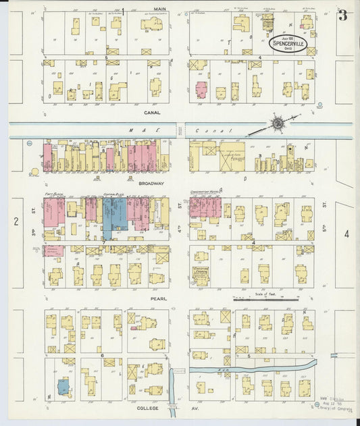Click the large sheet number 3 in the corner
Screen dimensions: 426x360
343,15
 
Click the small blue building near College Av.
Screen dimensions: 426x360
63,387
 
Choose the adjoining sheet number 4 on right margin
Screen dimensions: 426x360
347,234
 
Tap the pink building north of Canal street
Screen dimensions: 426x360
201,91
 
